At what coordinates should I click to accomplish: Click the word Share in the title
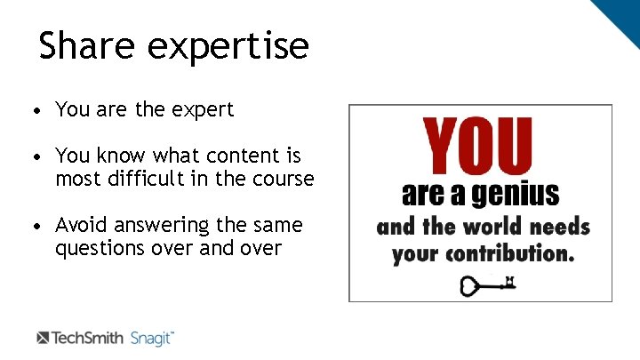[x=86, y=45]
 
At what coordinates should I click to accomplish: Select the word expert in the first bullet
[x=204, y=110]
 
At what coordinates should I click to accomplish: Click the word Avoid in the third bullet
[x=80, y=225]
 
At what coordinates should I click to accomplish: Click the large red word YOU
[x=478, y=147]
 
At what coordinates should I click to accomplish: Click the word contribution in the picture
[x=510, y=253]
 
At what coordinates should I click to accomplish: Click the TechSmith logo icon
[x=43, y=338]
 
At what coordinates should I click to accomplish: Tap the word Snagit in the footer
[x=152, y=338]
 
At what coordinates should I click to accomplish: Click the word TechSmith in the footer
[x=88, y=338]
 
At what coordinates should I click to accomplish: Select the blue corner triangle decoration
[x=620, y=16]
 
